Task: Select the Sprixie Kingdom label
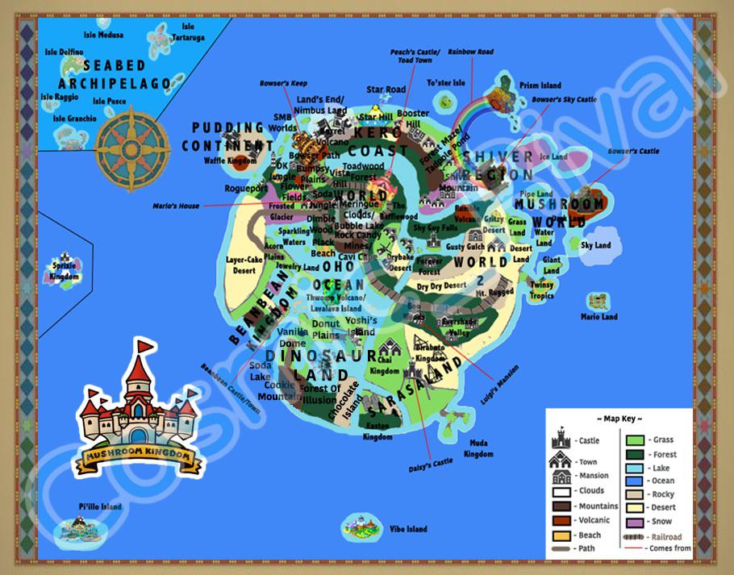[65, 271]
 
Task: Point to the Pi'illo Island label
[100, 506]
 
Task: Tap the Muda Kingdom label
[478, 449]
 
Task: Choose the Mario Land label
[599, 317]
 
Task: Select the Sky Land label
[596, 245]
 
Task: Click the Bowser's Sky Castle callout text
[565, 99]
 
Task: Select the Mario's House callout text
[176, 206]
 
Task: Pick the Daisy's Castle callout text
[432, 465]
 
